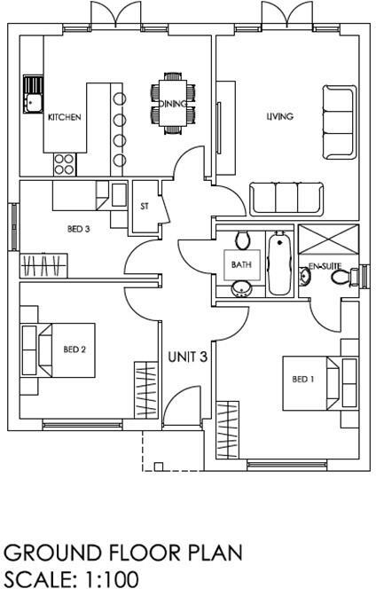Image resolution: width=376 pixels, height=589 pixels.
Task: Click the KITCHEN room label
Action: pyautogui.click(x=65, y=117)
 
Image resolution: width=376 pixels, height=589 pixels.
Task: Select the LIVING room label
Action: pyautogui.click(x=280, y=116)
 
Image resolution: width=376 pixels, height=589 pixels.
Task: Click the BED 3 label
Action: pyautogui.click(x=79, y=229)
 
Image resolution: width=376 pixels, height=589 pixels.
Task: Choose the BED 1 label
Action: pyautogui.click(x=303, y=380)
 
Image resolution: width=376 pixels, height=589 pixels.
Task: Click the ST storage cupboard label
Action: pyautogui.click(x=145, y=207)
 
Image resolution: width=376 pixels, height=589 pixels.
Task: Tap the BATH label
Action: pyautogui.click(x=241, y=264)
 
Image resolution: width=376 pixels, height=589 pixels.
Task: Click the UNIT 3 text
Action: pyautogui.click(x=187, y=357)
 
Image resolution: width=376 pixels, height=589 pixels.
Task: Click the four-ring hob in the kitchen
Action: pyautogui.click(x=64, y=163)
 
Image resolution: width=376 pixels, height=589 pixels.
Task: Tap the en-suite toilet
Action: pyautogui.click(x=341, y=277)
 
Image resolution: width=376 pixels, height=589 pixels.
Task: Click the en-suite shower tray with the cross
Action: pyautogui.click(x=325, y=241)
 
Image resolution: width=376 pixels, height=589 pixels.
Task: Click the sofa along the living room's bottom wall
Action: pyautogui.click(x=286, y=198)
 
